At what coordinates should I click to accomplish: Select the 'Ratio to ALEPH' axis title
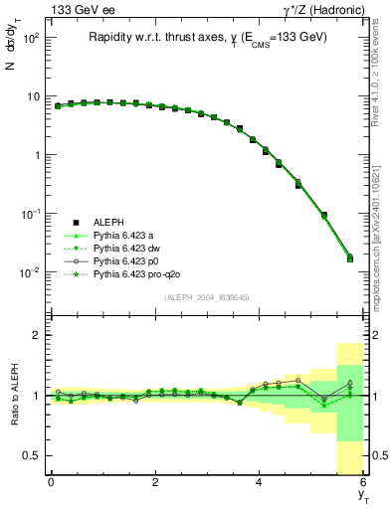(15, 395)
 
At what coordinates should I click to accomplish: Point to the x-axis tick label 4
(259, 483)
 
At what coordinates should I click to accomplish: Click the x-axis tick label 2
(155, 483)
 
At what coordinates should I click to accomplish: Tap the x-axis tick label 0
(51, 483)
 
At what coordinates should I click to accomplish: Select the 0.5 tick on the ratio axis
(35, 455)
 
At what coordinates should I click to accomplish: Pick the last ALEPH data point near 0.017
(349, 258)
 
